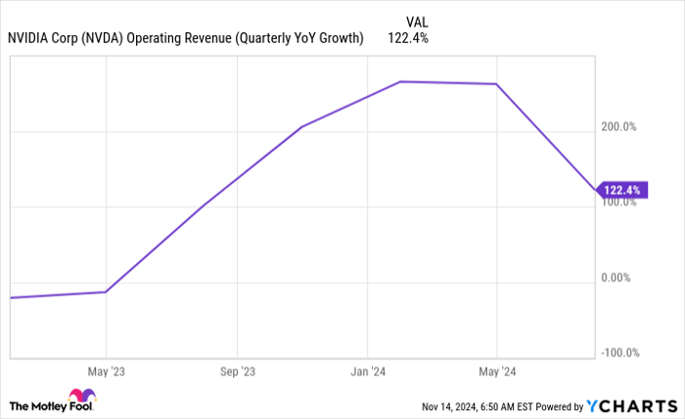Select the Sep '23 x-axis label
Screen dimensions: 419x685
(x=237, y=372)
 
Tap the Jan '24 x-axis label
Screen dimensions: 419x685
(x=367, y=372)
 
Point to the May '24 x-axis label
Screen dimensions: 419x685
(x=497, y=372)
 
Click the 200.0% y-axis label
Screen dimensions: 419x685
(x=618, y=126)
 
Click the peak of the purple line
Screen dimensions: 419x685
(x=400, y=82)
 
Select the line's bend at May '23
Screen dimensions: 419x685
(x=105, y=292)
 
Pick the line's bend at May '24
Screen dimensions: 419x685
(x=497, y=84)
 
